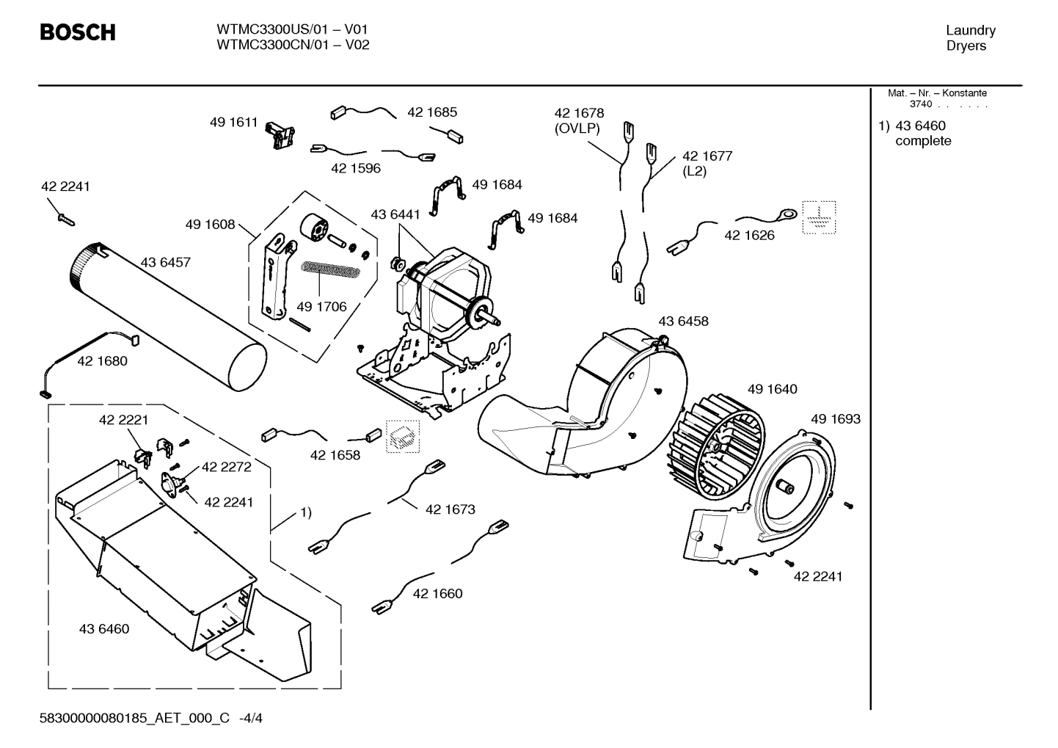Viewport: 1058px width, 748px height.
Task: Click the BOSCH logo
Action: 77,33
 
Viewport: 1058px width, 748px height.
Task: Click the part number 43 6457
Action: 165,262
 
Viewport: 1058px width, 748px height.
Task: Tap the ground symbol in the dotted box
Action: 819,217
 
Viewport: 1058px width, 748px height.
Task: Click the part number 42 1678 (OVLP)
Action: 579,120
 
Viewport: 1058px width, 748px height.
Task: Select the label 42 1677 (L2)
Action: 707,163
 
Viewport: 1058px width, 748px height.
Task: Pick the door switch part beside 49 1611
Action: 280,132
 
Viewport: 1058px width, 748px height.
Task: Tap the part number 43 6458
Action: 683,321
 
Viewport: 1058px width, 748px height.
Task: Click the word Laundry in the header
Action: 970,30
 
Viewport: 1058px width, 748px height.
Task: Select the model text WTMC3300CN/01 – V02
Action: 293,45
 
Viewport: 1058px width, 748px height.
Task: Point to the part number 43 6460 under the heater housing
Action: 104,628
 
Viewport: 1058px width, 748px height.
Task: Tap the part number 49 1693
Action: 836,418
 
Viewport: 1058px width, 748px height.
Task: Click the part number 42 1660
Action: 438,593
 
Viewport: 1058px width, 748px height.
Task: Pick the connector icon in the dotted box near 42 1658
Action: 404,438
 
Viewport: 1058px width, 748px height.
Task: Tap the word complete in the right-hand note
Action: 923,141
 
